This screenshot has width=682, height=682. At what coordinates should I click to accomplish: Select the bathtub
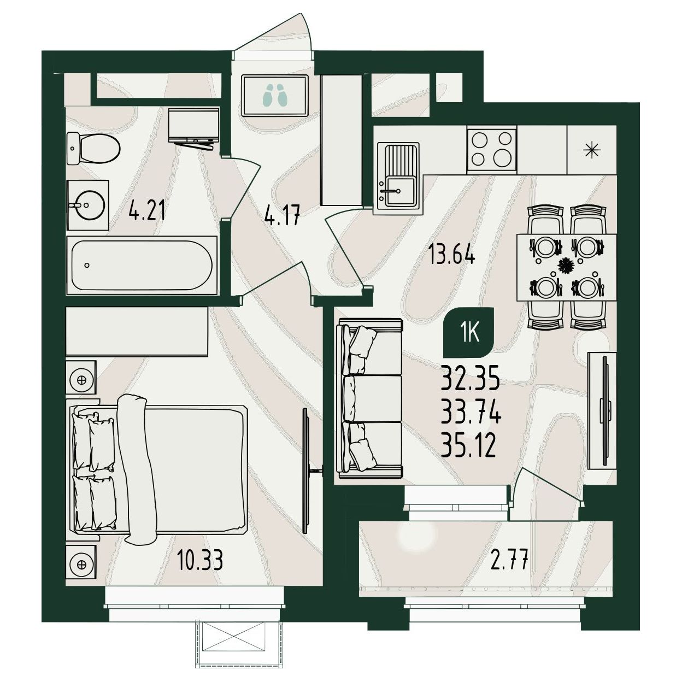point(142,264)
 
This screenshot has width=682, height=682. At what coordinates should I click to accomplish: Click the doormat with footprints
point(275,95)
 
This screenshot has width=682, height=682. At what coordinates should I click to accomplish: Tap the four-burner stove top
point(492,150)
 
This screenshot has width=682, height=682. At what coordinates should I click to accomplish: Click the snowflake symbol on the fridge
point(592,150)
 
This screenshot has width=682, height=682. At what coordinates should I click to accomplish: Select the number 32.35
point(469,378)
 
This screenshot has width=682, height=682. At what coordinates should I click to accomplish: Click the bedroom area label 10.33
point(200,561)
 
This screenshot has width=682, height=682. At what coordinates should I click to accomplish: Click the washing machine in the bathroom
point(195,125)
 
